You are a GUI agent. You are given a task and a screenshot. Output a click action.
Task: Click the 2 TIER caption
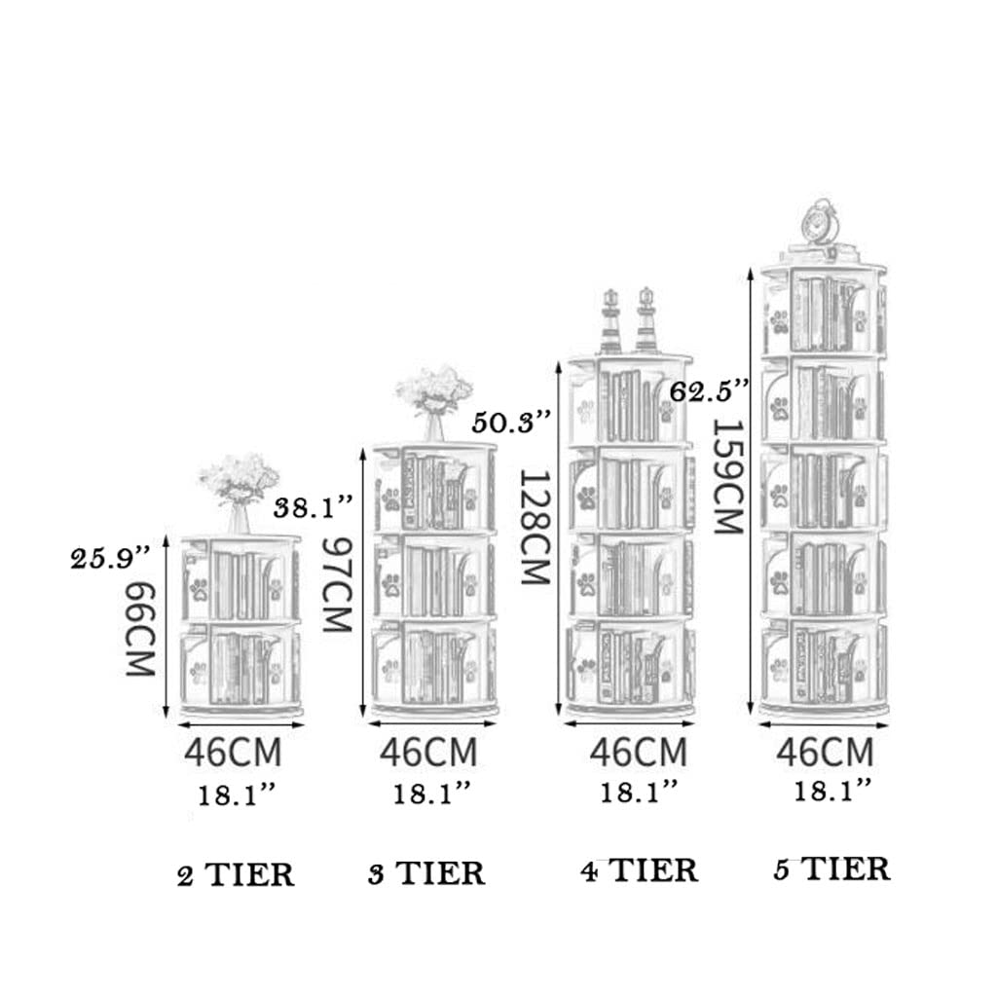click(236, 874)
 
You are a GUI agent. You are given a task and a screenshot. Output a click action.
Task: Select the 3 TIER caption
click(426, 872)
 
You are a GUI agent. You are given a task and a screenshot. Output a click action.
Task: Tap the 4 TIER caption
click(640, 869)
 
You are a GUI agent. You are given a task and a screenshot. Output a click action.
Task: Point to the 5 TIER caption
click(831, 868)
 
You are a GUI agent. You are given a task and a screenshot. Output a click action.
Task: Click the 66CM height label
click(141, 629)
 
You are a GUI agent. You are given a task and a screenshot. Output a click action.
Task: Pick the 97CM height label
click(336, 585)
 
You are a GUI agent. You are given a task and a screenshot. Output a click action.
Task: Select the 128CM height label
click(535, 526)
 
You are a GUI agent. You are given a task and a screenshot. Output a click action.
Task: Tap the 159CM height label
click(728, 476)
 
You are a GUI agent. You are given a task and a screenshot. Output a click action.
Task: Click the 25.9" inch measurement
click(110, 559)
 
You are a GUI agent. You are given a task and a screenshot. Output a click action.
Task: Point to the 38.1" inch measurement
click(313, 507)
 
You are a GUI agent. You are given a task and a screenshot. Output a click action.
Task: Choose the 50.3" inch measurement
click(512, 423)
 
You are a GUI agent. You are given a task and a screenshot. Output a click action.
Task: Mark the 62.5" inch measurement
click(710, 391)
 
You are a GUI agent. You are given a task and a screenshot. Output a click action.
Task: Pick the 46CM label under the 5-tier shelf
click(825, 752)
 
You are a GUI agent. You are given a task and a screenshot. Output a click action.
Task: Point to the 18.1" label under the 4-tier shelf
click(639, 791)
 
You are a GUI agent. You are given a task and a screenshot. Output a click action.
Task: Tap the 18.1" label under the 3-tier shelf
click(431, 793)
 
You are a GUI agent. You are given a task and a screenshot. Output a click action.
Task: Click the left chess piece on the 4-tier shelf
click(610, 320)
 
